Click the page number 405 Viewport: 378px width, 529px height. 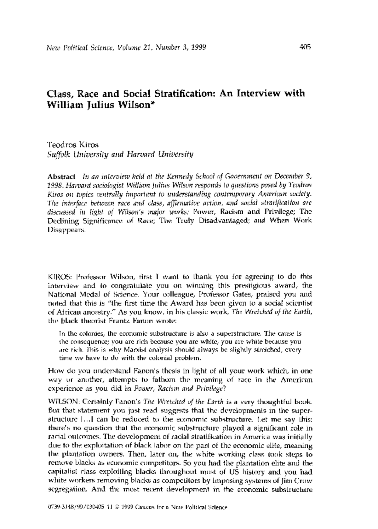point(305,48)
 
